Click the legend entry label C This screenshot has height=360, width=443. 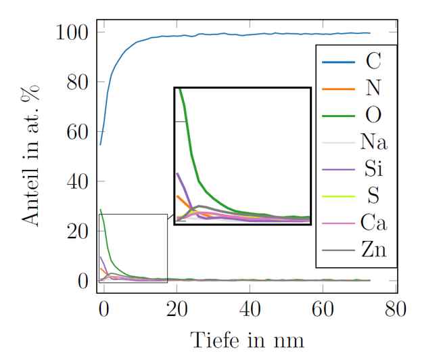click(373, 62)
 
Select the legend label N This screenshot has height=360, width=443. click(373, 89)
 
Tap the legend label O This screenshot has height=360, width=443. click(373, 115)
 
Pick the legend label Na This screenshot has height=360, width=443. click(373, 141)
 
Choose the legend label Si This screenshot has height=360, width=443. click(373, 168)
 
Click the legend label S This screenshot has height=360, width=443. click(373, 196)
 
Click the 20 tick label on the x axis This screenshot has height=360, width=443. click(177, 309)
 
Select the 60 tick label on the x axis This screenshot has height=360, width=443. click(323, 309)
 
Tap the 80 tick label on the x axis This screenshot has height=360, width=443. click(396, 309)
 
